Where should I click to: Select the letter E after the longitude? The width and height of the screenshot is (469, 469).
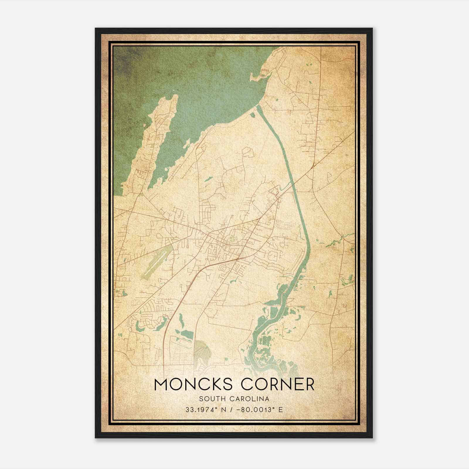click(281, 409)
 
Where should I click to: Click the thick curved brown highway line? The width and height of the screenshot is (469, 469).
click(188, 281)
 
